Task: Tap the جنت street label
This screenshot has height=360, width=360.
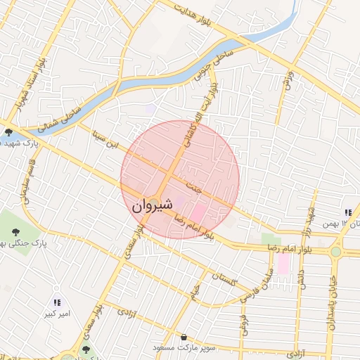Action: click(194, 188)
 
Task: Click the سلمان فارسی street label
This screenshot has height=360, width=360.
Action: click(255, 288)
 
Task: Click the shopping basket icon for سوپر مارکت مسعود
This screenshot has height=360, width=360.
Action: click(184, 337)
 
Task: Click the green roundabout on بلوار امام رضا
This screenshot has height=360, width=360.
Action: click(336, 252)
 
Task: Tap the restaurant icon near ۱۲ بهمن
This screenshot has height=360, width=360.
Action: click(347, 212)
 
